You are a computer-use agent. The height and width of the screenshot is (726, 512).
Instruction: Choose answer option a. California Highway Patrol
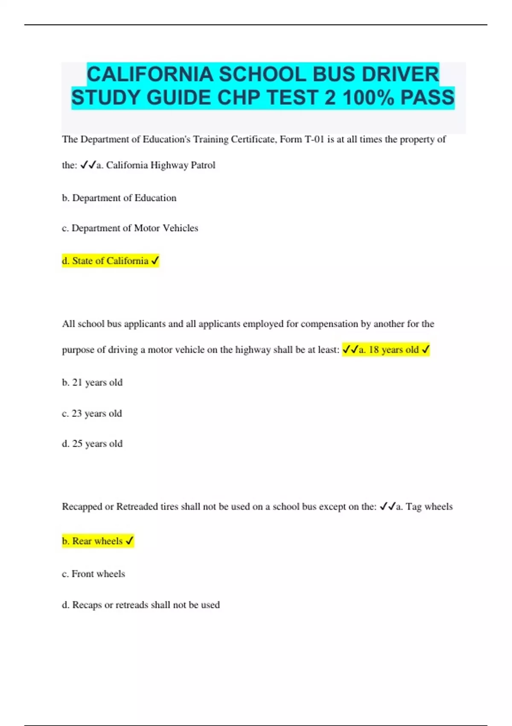tap(156, 165)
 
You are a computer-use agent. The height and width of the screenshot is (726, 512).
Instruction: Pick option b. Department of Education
tap(119, 198)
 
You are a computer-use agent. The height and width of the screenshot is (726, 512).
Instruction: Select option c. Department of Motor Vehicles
tap(130, 228)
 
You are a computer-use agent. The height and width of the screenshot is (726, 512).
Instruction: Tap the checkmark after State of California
tap(155, 261)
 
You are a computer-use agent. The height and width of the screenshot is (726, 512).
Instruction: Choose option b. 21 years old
tap(92, 382)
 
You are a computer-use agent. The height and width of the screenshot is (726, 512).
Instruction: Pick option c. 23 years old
tap(92, 413)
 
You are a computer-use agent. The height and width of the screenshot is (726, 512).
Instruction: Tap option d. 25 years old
tap(92, 444)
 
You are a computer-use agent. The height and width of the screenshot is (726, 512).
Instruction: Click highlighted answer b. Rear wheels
tap(93, 541)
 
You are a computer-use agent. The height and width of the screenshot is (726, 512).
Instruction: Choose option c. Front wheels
tap(93, 574)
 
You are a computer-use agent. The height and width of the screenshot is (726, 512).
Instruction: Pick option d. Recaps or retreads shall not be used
tap(141, 605)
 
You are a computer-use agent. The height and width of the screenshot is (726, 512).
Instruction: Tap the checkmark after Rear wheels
tap(130, 541)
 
